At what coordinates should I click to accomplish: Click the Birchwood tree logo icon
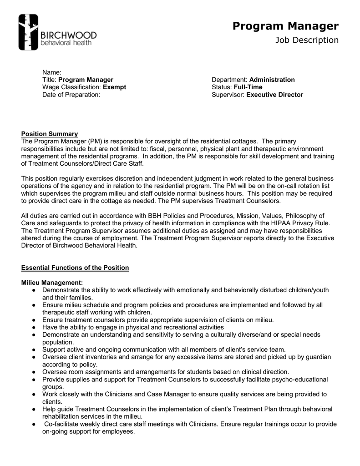[28, 32]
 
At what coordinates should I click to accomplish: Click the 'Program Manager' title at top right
[285, 26]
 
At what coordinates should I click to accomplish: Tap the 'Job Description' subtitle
[307, 41]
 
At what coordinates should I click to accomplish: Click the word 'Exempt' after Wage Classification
[115, 87]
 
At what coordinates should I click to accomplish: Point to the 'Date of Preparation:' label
[71, 95]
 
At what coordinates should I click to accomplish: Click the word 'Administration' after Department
[272, 80]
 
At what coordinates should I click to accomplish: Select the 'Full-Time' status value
[248, 87]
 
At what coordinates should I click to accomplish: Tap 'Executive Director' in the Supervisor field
[274, 95]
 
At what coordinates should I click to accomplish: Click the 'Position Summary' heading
[50, 134]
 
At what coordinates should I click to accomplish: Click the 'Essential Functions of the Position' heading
[75, 268]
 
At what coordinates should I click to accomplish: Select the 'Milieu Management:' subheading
[52, 283]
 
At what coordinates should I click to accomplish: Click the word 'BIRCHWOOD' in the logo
[68, 35]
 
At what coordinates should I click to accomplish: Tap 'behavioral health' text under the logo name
[66, 43]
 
